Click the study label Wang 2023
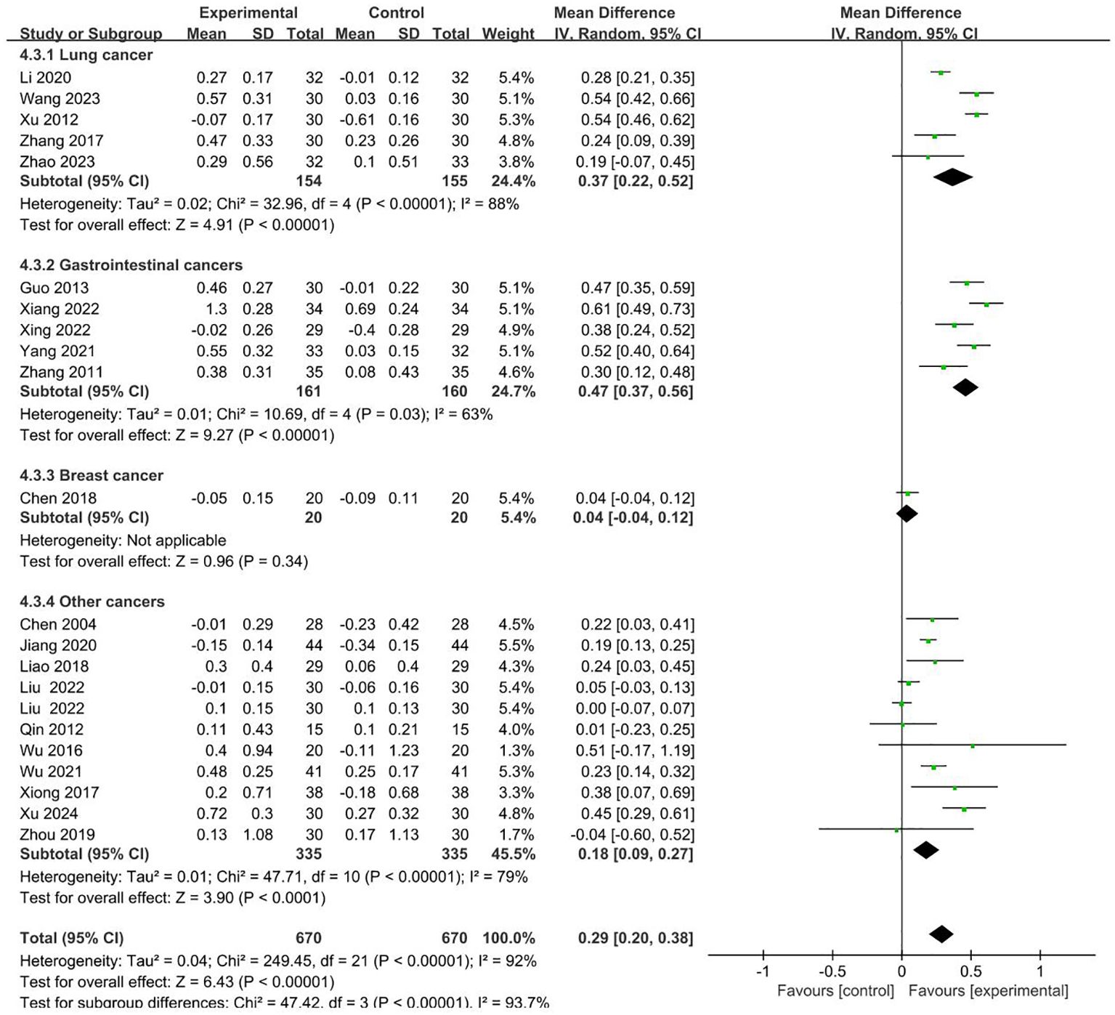[60, 99]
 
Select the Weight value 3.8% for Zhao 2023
[516, 162]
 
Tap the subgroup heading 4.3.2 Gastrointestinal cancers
[131, 265]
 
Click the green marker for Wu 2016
[973, 745]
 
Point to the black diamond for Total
[941, 935]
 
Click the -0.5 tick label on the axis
[832, 972]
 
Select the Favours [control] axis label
[835, 991]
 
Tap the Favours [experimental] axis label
[988, 991]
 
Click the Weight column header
[508, 34]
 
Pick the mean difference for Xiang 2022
[636, 310]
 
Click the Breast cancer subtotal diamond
[907, 514]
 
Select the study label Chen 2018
[58, 498]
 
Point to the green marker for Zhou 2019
[896, 830]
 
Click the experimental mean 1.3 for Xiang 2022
[216, 310]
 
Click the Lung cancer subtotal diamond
[952, 177]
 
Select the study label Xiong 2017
[60, 793]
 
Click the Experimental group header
[248, 13]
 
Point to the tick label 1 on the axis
[1040, 972]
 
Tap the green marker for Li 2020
[941, 73]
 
